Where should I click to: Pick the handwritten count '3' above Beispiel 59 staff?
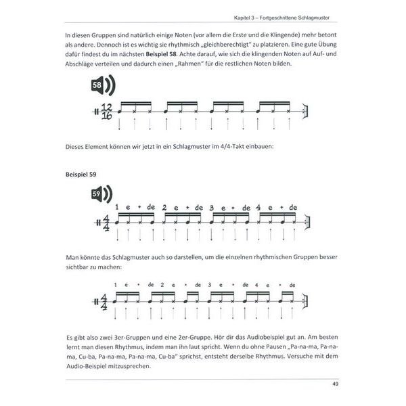click(212, 206)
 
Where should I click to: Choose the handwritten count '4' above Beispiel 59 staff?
click(257, 206)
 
